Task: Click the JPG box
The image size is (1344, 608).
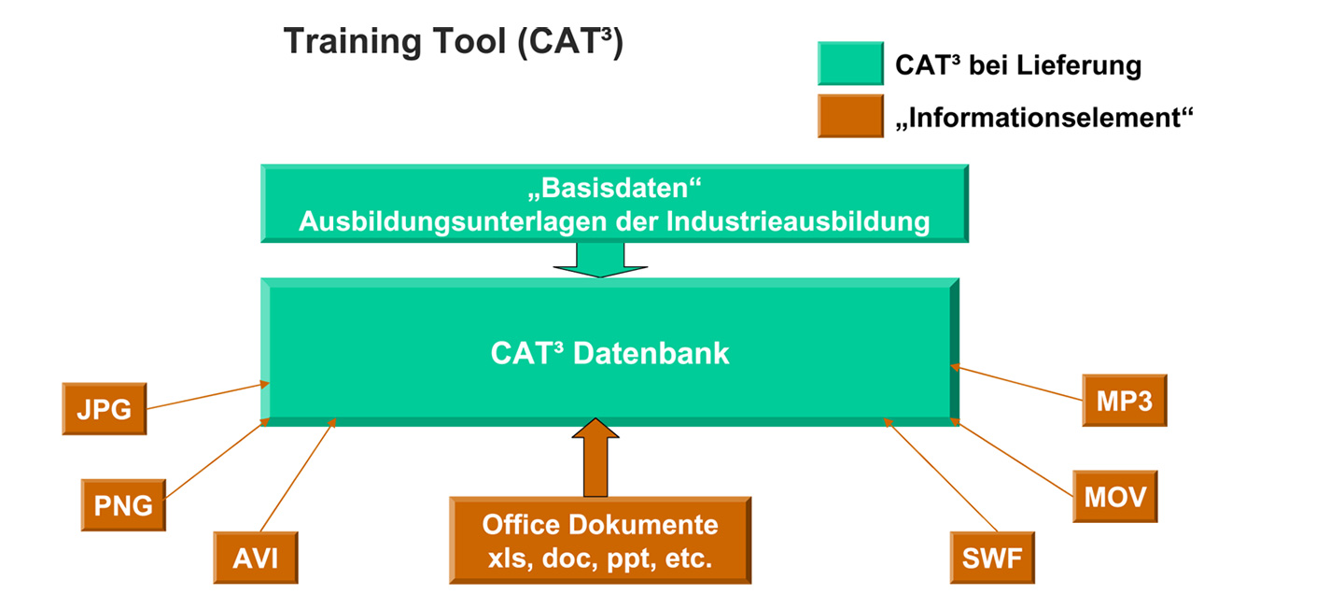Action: [104, 408]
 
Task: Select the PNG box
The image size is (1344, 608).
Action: [123, 505]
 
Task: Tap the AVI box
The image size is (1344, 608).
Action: [256, 559]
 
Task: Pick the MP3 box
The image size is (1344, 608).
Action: [1124, 401]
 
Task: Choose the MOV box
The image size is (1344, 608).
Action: [1114, 496]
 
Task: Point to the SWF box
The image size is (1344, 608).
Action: [992, 559]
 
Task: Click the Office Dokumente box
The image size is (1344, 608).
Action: [600, 541]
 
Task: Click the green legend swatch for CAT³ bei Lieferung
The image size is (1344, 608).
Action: [849, 64]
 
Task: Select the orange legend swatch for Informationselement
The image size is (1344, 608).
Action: [849, 116]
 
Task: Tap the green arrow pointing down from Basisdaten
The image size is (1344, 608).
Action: [600, 259]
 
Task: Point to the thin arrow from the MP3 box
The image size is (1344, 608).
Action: [1017, 384]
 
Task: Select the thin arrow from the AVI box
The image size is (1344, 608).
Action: [298, 476]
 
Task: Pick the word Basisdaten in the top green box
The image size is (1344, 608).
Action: [613, 191]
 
